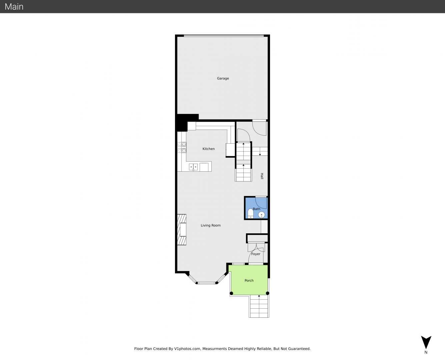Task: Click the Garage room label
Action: pyautogui.click(x=223, y=79)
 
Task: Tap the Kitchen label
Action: pyautogui.click(x=209, y=149)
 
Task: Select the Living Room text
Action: pyautogui.click(x=211, y=225)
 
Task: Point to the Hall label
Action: pyautogui.click(x=262, y=176)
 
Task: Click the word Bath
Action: pyautogui.click(x=257, y=209)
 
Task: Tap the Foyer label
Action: pyautogui.click(x=256, y=254)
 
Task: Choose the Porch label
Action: pyautogui.click(x=249, y=281)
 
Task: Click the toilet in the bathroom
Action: pyautogui.click(x=250, y=214)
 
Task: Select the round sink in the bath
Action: pyautogui.click(x=262, y=215)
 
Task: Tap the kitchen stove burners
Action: pyautogui.click(x=182, y=147)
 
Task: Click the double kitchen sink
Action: pyautogui.click(x=193, y=167)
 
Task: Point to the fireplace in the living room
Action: pyautogui.click(x=182, y=230)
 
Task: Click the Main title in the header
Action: pyautogui.click(x=14, y=7)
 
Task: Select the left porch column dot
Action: pyautogui.click(x=231, y=293)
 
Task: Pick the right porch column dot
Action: pyautogui.click(x=267, y=293)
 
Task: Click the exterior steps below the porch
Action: pyautogui.click(x=259, y=306)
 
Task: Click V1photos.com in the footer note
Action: pyautogui.click(x=187, y=349)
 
